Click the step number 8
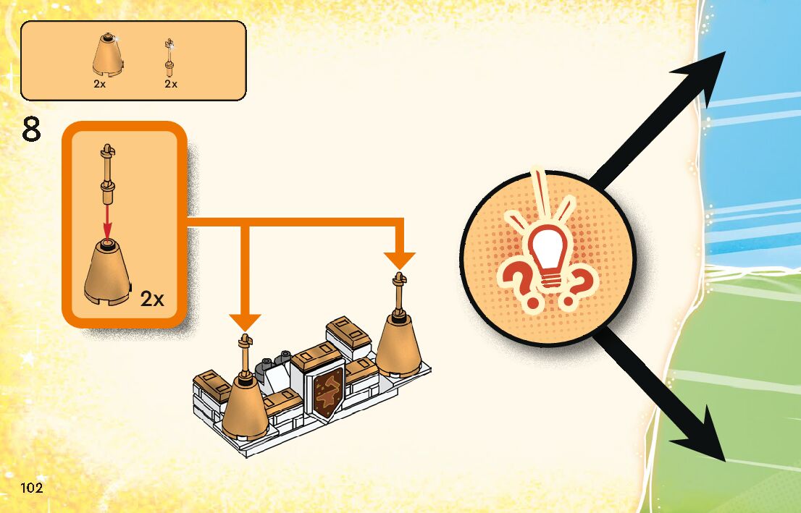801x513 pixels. pyautogui.click(x=31, y=132)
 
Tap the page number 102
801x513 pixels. pyautogui.click(x=32, y=488)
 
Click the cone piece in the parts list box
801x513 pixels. pyautogui.click(x=108, y=55)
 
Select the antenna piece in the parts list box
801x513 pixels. pyautogui.click(x=169, y=58)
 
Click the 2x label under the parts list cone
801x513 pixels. pyautogui.click(x=100, y=84)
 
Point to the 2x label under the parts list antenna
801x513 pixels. pyautogui.click(x=171, y=84)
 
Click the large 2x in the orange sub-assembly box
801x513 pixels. pyautogui.click(x=152, y=299)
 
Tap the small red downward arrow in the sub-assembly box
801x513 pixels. pyautogui.click(x=107, y=221)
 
